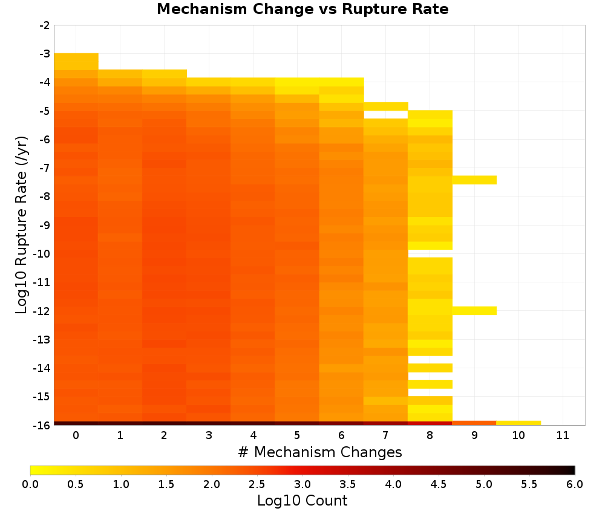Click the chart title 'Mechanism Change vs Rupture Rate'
click(302, 9)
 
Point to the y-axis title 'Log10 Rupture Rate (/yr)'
click(22, 225)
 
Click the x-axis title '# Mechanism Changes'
click(320, 452)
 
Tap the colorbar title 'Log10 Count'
click(302, 501)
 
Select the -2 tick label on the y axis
click(45, 25)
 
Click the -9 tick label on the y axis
click(45, 225)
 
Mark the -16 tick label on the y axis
click(42, 425)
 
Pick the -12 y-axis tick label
click(42, 311)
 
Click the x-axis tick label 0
click(76, 435)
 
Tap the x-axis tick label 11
click(563, 435)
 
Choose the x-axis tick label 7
click(385, 435)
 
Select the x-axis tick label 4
click(253, 435)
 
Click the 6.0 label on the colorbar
click(575, 484)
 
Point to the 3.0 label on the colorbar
click(302, 484)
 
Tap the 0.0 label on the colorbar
click(30, 484)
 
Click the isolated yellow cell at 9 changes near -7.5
click(474, 180)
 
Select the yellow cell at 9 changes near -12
click(474, 310)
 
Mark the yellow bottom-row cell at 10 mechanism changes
click(518, 423)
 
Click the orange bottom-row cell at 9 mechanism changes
click(474, 423)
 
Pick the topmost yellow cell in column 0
click(76, 61)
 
